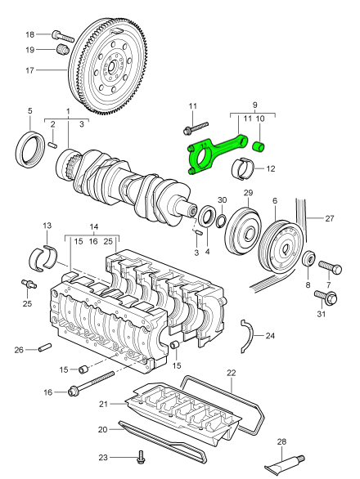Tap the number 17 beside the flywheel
[29, 70]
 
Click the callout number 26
[18, 351]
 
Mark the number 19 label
[29, 51]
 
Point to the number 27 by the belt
[331, 219]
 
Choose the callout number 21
[103, 403]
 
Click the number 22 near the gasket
[231, 373]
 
